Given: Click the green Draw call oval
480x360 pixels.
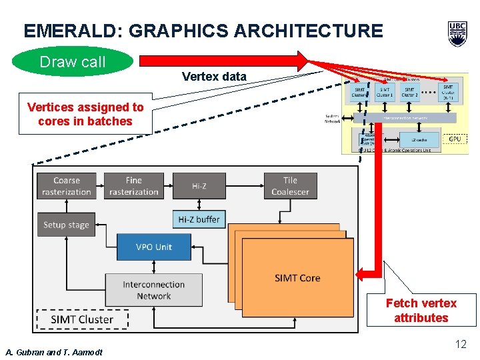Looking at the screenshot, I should [x=73, y=62].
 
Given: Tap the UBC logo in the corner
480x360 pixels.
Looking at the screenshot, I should [x=457, y=33].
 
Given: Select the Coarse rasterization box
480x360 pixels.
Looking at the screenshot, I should [x=66, y=186].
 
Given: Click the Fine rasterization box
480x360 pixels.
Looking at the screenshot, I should [x=133, y=186].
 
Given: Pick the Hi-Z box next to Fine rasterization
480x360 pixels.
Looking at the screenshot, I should [x=199, y=186].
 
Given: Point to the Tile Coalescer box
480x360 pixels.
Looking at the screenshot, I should [x=290, y=186].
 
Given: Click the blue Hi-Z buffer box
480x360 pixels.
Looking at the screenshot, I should [x=199, y=219].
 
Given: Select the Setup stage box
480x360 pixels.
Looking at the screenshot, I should [x=66, y=225].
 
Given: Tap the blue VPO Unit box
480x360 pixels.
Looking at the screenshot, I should [x=153, y=247].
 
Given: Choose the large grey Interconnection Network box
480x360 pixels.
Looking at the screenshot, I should [x=153, y=290].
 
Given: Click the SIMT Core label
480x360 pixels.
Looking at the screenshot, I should [x=297, y=278].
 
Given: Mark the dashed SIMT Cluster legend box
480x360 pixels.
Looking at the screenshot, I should [x=82, y=319].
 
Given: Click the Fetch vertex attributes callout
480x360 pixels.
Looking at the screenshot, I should [x=421, y=310].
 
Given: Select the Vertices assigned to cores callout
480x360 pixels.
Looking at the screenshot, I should [x=85, y=114].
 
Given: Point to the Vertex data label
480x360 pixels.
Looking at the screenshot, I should [x=214, y=77].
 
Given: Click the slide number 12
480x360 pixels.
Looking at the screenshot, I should [x=460, y=344].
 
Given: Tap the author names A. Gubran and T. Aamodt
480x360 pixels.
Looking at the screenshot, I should [x=54, y=352].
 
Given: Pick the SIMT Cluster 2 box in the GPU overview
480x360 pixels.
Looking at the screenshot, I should [x=410, y=92].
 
